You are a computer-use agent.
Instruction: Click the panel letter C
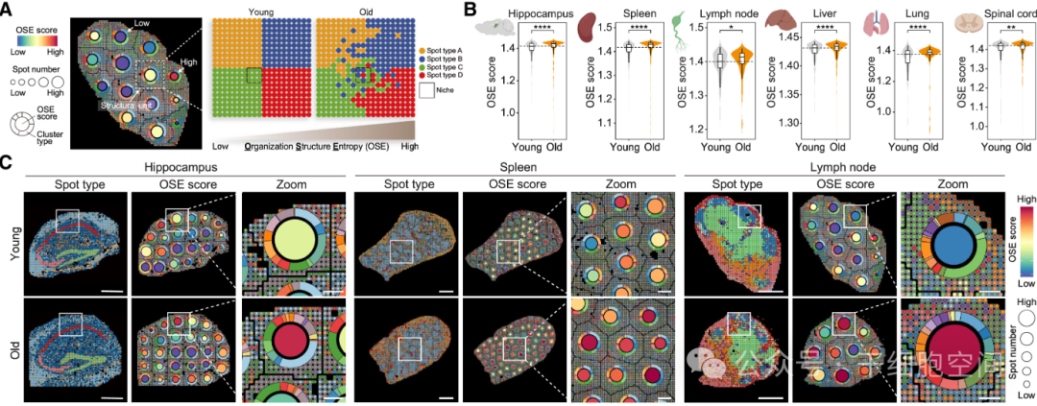(x=8, y=163)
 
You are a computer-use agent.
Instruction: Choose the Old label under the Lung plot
(x=929, y=148)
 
